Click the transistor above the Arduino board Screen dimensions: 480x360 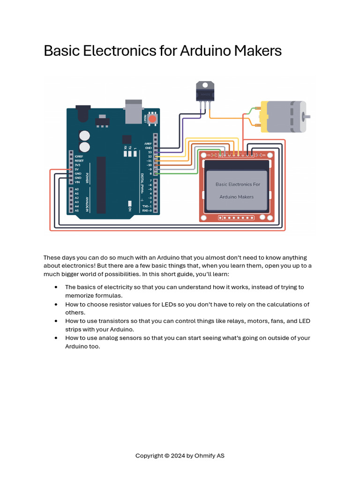tap(205, 91)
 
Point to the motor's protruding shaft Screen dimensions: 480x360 tap(307, 116)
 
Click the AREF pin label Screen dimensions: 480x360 tap(148, 143)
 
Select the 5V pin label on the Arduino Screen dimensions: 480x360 tap(76, 170)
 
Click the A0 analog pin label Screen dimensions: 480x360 tap(76, 189)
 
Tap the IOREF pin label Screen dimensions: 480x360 tap(79, 156)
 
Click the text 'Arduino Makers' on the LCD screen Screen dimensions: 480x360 tap(236, 197)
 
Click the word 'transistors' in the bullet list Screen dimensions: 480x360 tap(107, 321)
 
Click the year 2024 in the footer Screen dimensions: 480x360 tap(178, 456)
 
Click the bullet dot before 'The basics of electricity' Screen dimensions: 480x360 tap(56, 287)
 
